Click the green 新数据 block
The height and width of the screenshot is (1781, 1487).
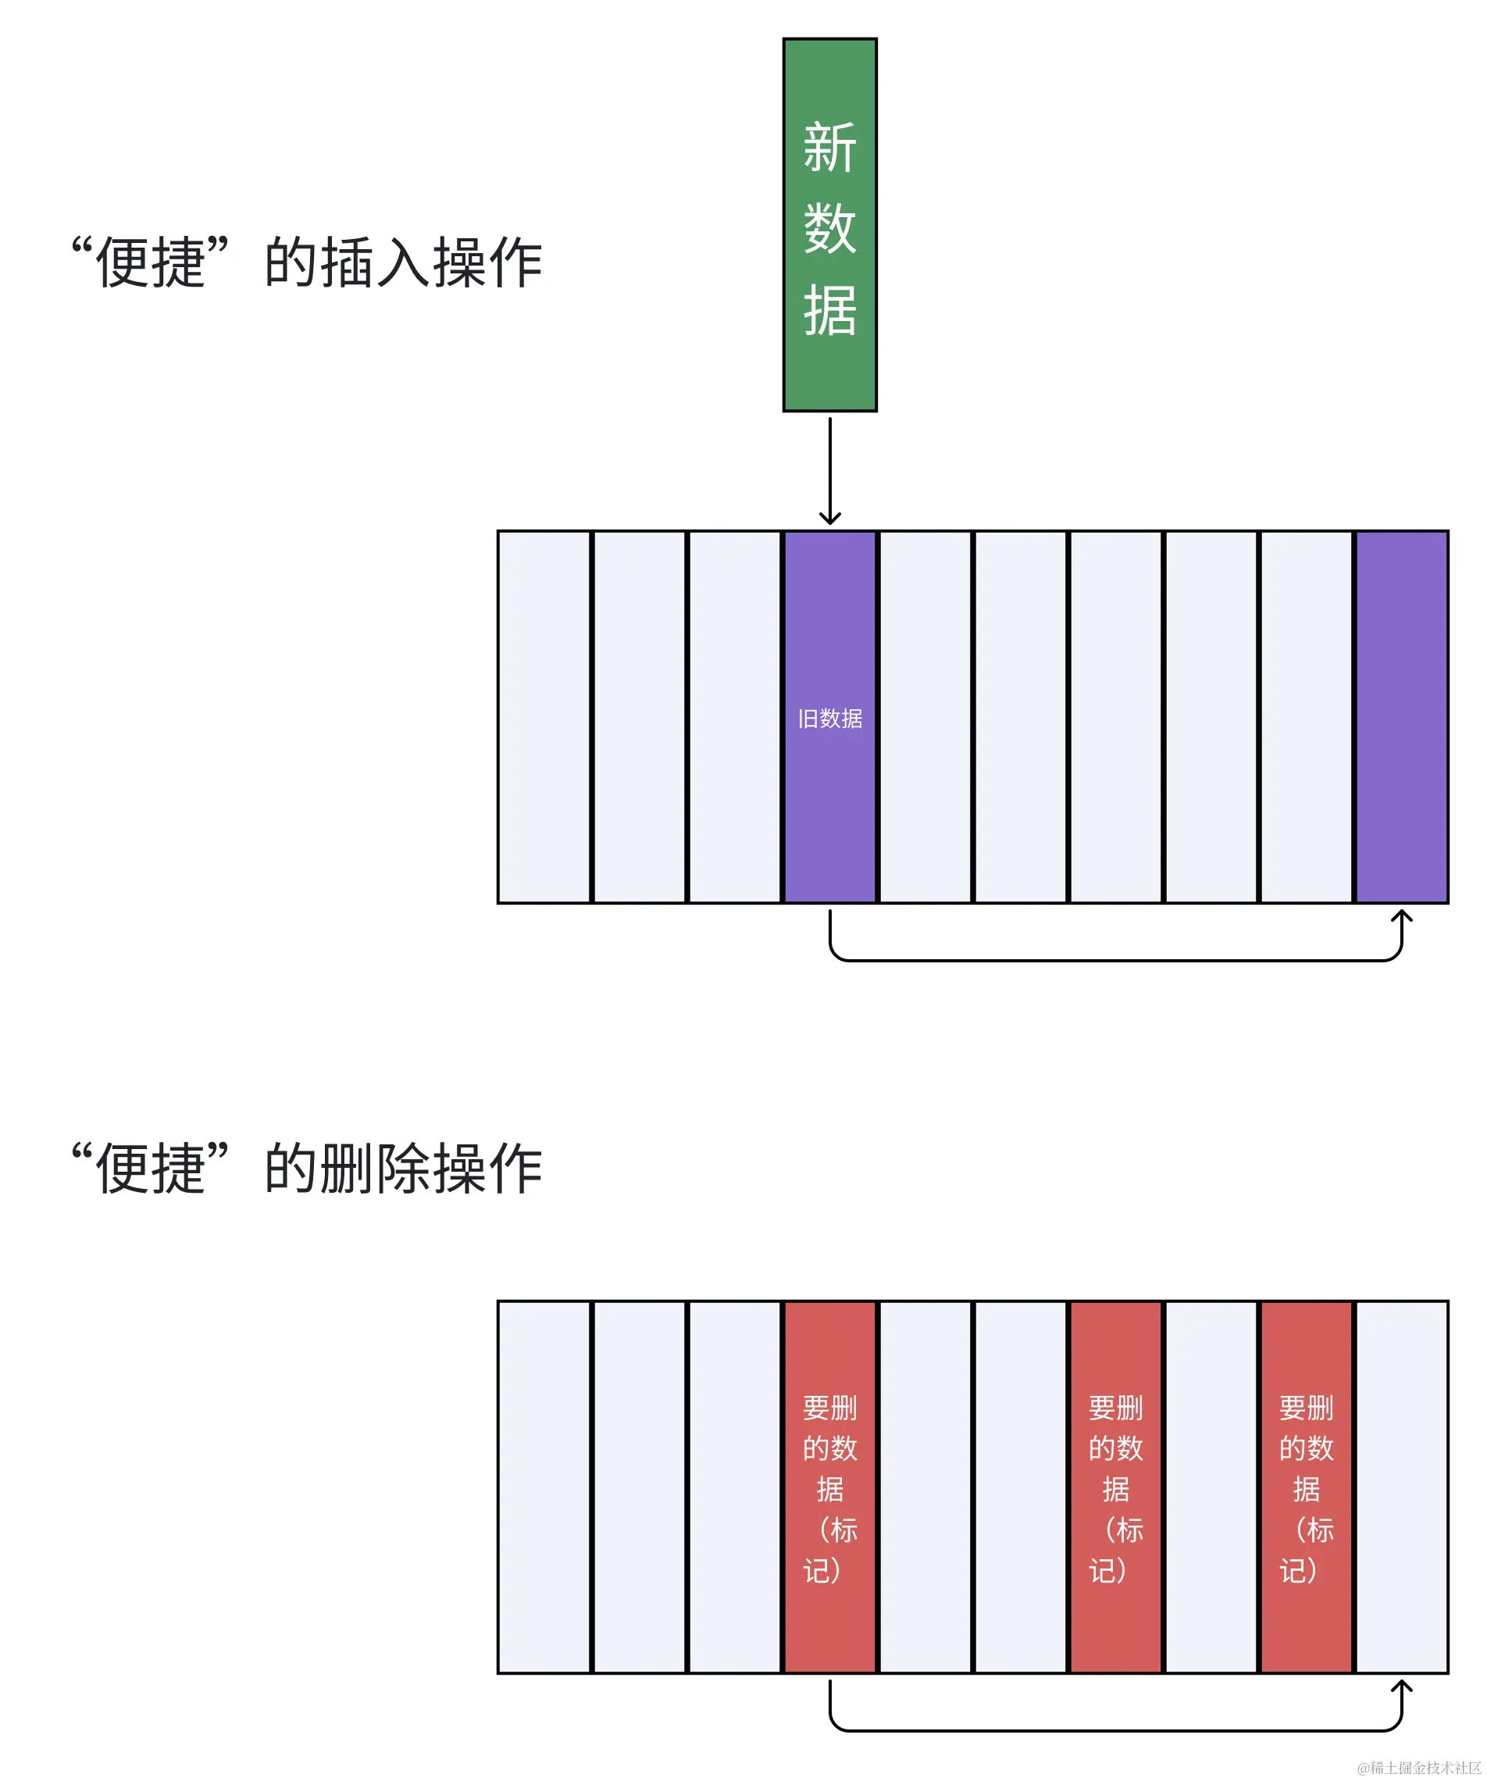point(829,225)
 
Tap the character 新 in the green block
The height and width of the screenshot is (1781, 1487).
point(829,148)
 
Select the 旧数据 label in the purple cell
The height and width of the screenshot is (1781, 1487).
point(829,719)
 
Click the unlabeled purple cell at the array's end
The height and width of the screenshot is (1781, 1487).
point(1401,716)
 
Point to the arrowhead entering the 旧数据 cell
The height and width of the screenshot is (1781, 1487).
point(829,517)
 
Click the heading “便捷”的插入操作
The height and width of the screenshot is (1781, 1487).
point(307,262)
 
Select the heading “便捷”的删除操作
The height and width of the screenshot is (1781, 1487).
point(307,1169)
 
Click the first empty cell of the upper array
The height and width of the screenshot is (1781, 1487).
point(544,716)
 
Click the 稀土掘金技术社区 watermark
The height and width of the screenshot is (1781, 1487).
point(1419,1768)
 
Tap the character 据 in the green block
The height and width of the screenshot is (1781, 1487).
point(829,310)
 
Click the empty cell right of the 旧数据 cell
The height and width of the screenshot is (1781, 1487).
point(925,716)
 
